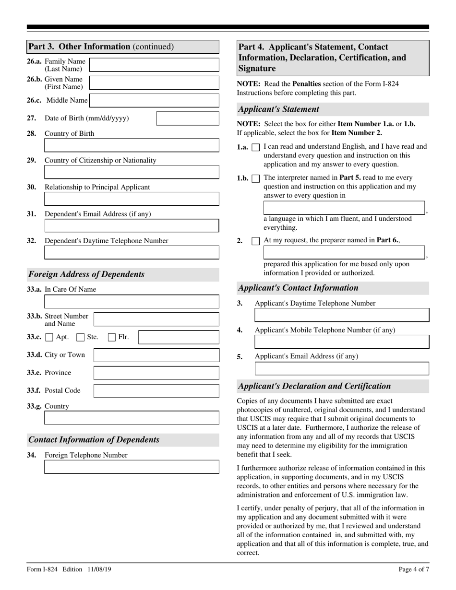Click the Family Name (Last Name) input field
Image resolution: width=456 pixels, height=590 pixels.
(154, 65)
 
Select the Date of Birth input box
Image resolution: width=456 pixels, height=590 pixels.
(188, 118)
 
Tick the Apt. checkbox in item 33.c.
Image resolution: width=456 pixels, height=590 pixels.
(49, 337)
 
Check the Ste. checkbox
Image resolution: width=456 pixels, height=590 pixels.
(81, 337)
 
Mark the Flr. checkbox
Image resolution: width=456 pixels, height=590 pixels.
(111, 337)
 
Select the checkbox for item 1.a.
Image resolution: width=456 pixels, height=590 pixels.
(256, 148)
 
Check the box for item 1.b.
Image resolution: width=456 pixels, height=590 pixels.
(256, 178)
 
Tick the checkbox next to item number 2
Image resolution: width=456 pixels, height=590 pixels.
(256, 241)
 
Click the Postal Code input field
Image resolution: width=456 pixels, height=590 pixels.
(156, 390)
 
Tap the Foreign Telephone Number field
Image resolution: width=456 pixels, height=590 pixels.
(132, 467)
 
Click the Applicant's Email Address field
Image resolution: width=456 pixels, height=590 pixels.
(342, 368)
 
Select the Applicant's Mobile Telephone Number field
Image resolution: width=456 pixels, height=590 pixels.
(342, 342)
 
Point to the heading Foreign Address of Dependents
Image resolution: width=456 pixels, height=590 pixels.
(86, 274)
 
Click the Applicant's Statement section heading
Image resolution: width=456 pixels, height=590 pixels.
(278, 109)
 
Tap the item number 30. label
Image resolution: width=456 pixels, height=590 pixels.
(32, 187)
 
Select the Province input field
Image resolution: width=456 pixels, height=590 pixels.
(156, 373)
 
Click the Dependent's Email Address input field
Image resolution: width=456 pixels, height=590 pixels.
(132, 225)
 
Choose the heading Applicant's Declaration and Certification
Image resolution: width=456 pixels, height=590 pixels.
(314, 386)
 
